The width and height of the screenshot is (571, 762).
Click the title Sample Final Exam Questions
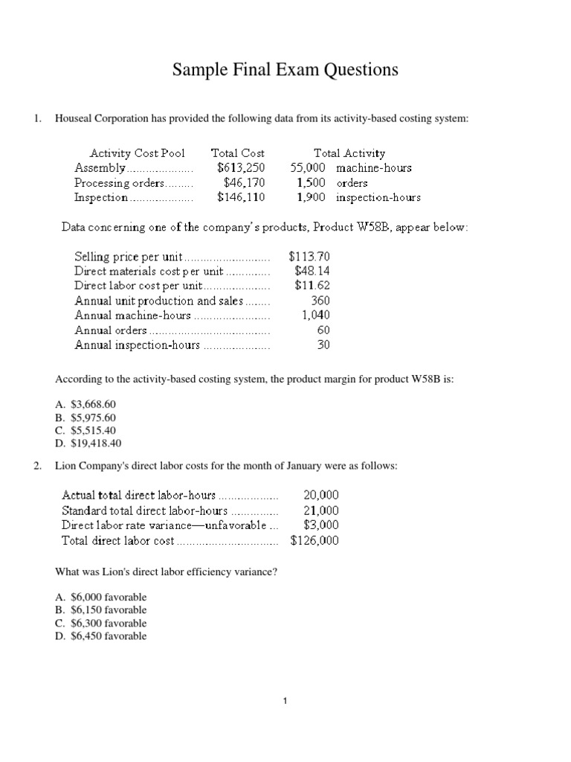(x=285, y=70)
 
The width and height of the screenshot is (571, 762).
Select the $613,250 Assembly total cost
(x=241, y=168)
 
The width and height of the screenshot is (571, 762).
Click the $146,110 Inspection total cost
(x=241, y=198)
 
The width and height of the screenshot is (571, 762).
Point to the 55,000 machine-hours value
(x=307, y=168)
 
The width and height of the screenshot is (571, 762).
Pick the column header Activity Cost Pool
(x=138, y=153)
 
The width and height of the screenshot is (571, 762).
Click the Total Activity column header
(x=349, y=153)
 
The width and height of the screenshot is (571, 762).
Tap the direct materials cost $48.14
(x=312, y=271)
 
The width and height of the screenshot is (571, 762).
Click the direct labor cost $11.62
(x=312, y=286)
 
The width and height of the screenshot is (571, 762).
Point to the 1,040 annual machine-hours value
(x=315, y=316)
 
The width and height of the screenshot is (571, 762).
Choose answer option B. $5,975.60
(x=86, y=417)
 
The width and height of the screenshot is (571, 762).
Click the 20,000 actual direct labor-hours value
(x=321, y=495)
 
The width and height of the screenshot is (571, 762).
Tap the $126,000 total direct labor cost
(x=314, y=541)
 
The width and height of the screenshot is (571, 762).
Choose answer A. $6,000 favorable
(x=101, y=597)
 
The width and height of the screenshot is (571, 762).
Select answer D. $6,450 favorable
(x=101, y=636)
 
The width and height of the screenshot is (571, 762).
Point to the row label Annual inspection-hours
(x=138, y=345)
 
